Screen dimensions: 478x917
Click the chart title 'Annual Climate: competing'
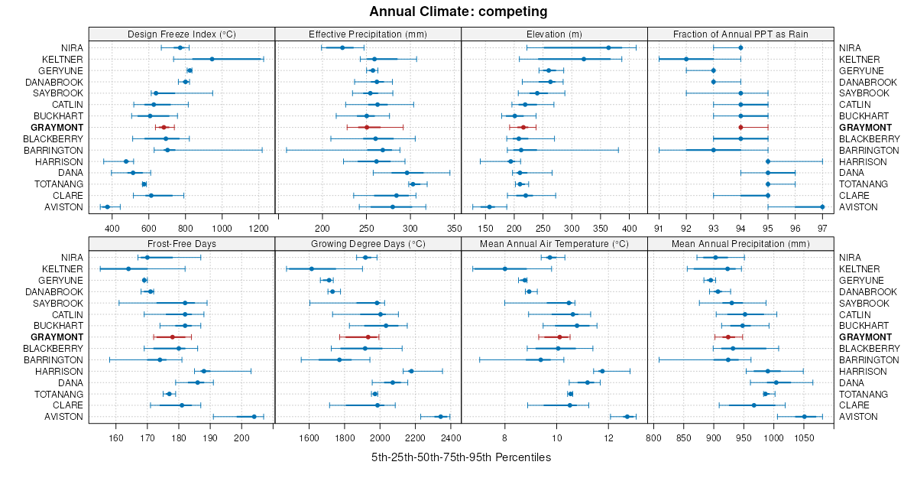tap(458, 11)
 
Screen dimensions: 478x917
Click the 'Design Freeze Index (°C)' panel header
tap(182, 34)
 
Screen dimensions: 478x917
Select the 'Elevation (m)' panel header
tap(554, 34)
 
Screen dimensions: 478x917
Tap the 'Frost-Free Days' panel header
tap(182, 244)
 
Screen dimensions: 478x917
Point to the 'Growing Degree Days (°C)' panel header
tap(368, 244)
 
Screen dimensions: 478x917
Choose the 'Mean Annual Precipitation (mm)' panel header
tap(740, 244)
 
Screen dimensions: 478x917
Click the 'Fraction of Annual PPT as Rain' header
tap(740, 34)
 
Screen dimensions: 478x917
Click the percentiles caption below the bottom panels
tap(461, 457)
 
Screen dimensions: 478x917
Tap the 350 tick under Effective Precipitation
tap(454, 228)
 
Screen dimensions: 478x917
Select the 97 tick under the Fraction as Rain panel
tap(822, 228)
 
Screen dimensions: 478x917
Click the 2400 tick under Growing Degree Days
tap(451, 437)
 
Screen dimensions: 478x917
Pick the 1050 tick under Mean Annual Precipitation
tap(804, 437)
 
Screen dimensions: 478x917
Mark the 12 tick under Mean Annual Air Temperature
tap(608, 437)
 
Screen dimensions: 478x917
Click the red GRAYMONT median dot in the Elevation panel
tap(523, 127)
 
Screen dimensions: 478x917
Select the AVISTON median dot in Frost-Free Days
tap(254, 417)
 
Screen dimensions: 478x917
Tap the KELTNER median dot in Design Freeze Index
tap(212, 59)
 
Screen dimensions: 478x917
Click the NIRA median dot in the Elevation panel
tap(608, 47)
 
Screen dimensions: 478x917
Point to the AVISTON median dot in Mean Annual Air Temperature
tap(627, 417)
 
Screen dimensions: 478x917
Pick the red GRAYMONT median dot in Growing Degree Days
tap(368, 337)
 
